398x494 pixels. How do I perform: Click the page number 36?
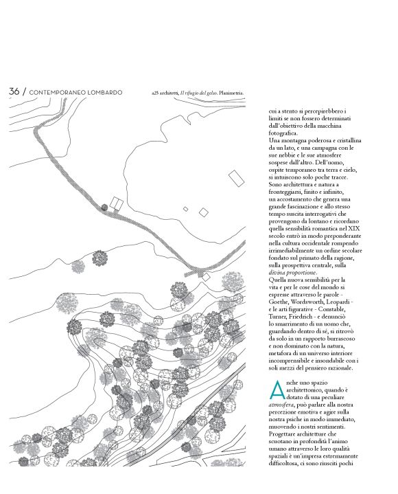(x=14, y=91)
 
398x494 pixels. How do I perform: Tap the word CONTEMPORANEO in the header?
(x=62, y=92)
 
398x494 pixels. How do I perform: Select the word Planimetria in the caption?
(x=229, y=92)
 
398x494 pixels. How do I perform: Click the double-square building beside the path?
(x=116, y=204)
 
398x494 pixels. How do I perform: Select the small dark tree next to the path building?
(x=104, y=206)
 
